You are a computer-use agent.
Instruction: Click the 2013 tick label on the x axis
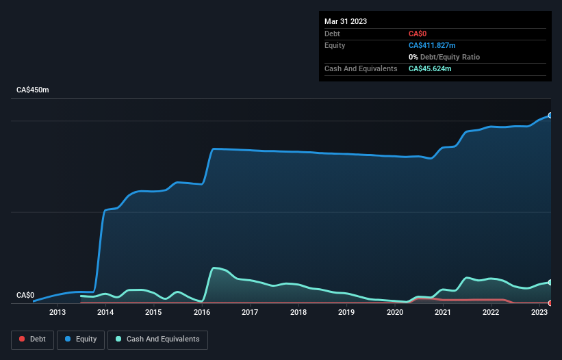click(x=58, y=313)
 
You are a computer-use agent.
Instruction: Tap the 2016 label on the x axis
click(x=202, y=313)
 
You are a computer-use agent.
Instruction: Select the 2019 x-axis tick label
click(x=346, y=313)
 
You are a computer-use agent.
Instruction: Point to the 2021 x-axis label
click(x=443, y=313)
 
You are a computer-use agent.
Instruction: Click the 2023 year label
click(x=539, y=313)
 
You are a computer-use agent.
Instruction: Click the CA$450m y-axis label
click(x=33, y=90)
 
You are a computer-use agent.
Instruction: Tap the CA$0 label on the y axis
click(x=25, y=295)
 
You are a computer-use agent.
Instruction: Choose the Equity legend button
click(x=81, y=339)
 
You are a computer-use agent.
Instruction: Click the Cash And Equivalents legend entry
click(x=157, y=339)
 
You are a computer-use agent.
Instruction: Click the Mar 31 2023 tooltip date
click(x=346, y=21)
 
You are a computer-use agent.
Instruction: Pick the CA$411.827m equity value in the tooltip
click(x=436, y=45)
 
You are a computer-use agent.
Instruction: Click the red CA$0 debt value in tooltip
click(x=418, y=34)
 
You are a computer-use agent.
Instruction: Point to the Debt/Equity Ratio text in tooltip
click(x=448, y=57)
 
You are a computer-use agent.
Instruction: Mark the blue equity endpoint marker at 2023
click(x=550, y=116)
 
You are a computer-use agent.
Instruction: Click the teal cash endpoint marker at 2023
click(x=550, y=282)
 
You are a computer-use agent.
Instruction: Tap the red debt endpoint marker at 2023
click(x=550, y=303)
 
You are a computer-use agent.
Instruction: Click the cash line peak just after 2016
click(x=215, y=268)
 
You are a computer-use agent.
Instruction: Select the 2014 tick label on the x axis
click(x=105, y=313)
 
